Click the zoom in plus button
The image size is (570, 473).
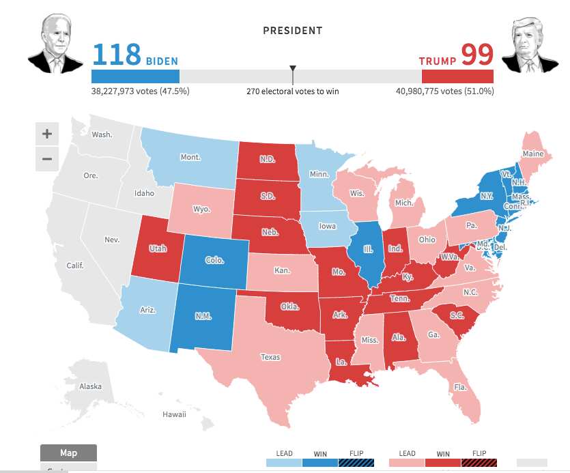coord(47,134)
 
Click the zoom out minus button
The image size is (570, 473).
coord(47,159)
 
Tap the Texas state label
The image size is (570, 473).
coord(270,356)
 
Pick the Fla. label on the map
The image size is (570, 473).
coord(459,387)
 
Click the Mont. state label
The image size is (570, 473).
coord(190,157)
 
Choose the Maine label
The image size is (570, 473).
coord(533,154)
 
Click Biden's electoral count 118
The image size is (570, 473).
coord(116,54)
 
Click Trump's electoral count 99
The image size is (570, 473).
coord(477,54)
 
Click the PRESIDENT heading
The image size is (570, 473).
coord(292,31)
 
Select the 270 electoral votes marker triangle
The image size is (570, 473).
coord(293,69)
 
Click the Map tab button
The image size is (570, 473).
coord(68,453)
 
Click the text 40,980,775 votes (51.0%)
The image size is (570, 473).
coord(444,91)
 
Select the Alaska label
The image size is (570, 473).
coord(90,386)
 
